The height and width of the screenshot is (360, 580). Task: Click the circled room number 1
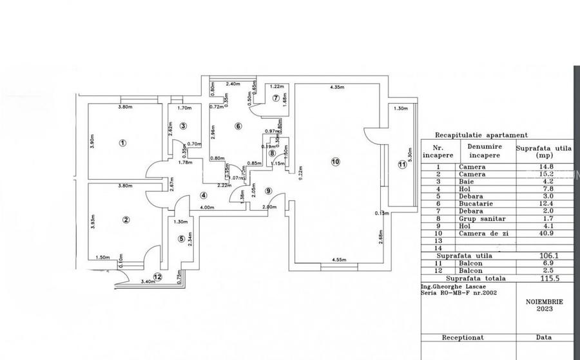123,142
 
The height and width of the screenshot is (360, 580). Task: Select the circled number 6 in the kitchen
238,126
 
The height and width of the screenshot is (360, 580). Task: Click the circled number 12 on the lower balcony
157,278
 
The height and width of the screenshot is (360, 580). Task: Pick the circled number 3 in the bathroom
183,126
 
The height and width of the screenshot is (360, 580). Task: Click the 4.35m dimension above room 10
335,88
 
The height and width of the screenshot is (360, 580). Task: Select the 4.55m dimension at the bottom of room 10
340,260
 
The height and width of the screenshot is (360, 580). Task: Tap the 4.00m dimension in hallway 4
207,207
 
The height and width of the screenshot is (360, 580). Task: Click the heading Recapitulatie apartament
481,135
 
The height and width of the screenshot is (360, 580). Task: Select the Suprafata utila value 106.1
544,256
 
